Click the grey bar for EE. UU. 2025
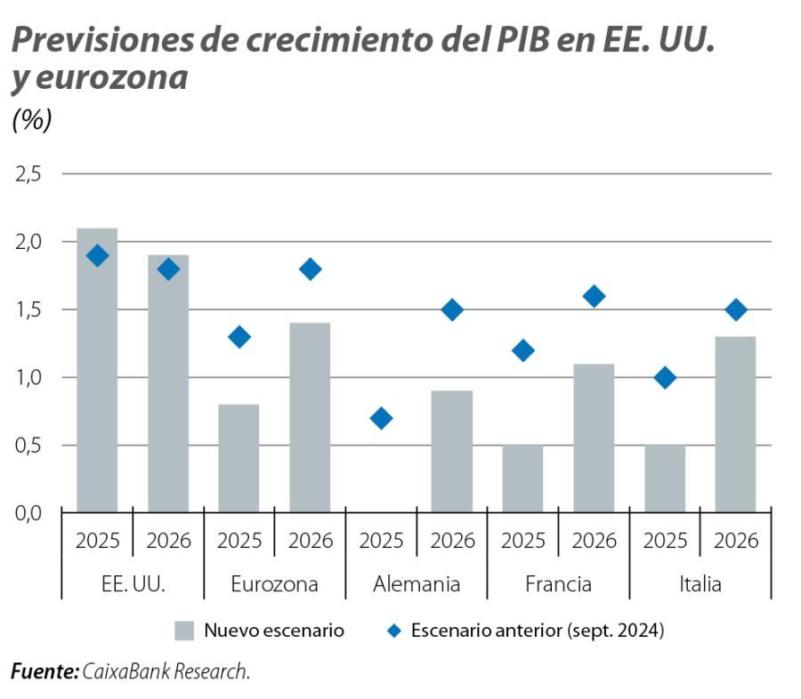click(97, 370)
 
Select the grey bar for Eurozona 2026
click(310, 417)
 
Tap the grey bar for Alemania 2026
click(452, 451)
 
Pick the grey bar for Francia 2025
click(522, 478)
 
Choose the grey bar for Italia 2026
click(735, 424)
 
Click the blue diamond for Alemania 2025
click(381, 418)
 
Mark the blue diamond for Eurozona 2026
click(310, 269)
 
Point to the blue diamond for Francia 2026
click(594, 296)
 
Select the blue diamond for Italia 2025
click(665, 377)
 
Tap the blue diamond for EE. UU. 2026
click(168, 269)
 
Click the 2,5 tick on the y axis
click(28, 173)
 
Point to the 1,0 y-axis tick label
click(28, 377)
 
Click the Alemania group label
click(417, 584)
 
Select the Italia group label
click(700, 584)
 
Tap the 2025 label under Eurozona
click(239, 540)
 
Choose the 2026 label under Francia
click(594, 540)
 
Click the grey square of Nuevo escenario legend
click(184, 631)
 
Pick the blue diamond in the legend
click(392, 631)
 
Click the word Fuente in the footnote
click(44, 671)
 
